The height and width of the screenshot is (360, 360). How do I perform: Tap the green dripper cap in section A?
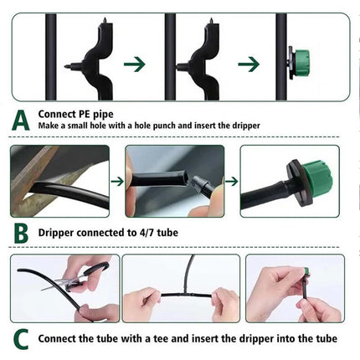pos(304,60)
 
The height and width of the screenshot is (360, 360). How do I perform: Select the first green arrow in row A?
pos(135,63)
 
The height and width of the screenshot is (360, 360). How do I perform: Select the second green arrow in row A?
pos(249,63)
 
